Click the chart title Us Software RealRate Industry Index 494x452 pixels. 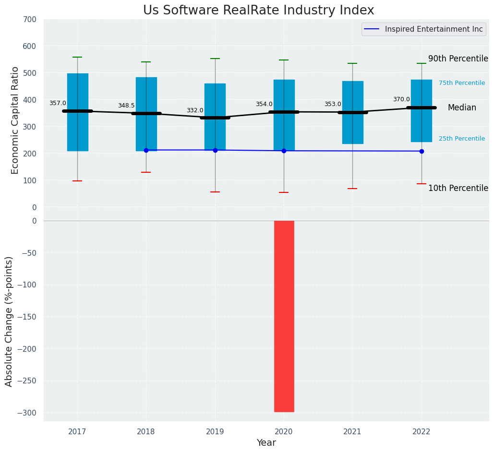pos(258,11)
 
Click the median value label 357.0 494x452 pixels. pos(58,103)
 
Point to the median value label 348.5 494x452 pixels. pos(126,106)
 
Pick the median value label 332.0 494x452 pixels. pos(195,110)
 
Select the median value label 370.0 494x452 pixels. pos(401,99)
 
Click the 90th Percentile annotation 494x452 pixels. pos(458,59)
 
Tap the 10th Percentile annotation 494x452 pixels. pos(458,188)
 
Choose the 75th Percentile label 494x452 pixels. pos(462,83)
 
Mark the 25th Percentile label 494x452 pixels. pos(462,139)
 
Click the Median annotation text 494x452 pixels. pos(462,108)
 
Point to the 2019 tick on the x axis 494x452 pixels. pos(215,431)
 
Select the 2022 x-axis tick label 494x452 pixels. pos(422,431)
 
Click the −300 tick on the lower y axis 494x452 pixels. pos(27,413)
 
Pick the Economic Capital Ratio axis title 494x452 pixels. pos(15,120)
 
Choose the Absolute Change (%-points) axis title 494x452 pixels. pos(9,321)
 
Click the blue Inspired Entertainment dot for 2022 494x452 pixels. pos(422,151)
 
